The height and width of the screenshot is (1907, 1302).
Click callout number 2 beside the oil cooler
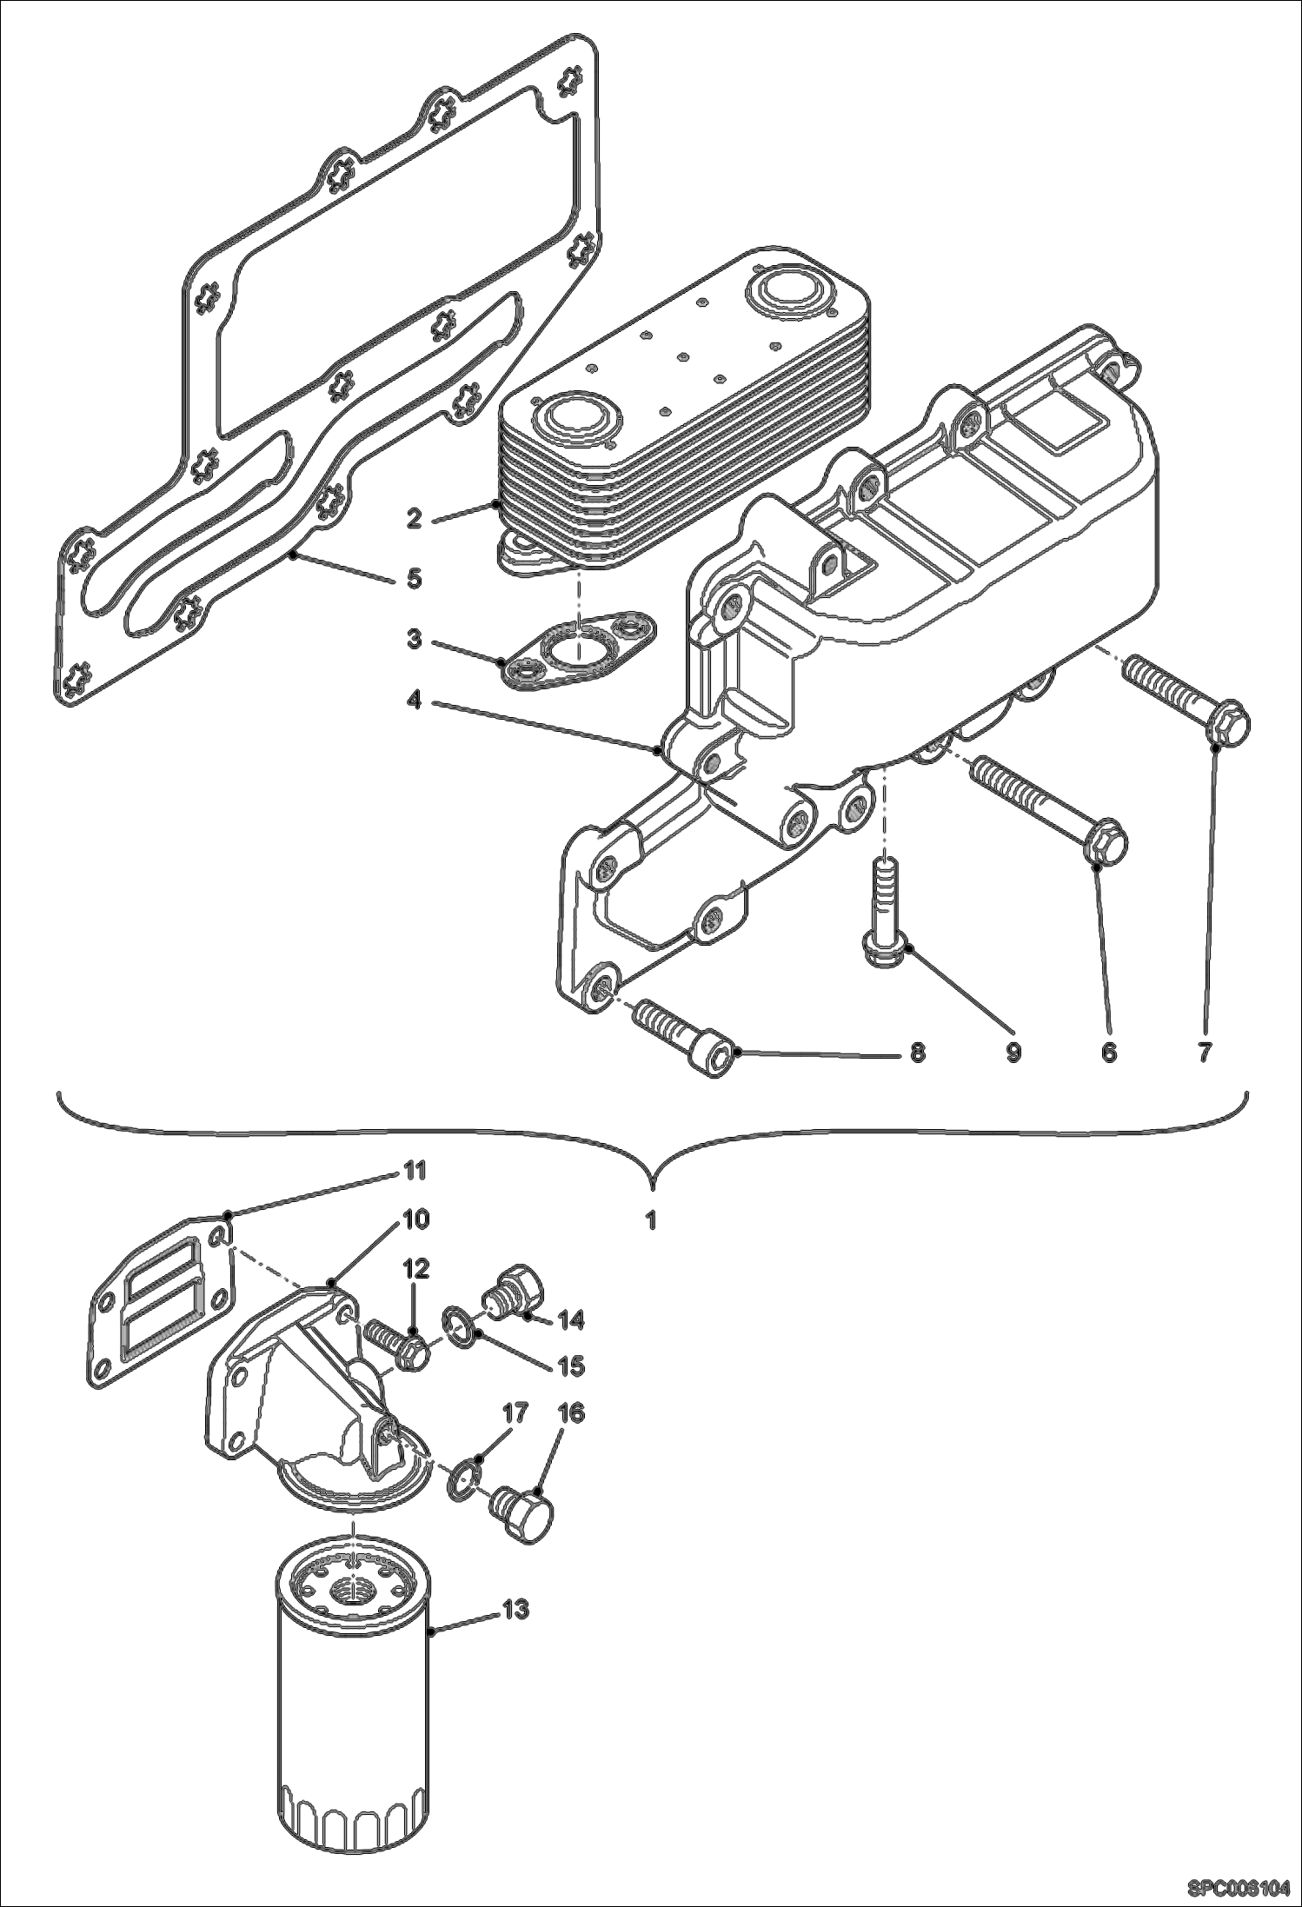pyautogui.click(x=414, y=518)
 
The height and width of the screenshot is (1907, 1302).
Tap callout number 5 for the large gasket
pyautogui.click(x=414, y=578)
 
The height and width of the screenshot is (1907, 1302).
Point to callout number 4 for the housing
pyautogui.click(x=414, y=699)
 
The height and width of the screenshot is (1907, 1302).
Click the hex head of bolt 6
pyautogui.click(x=1105, y=843)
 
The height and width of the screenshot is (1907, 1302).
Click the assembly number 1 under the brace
pyautogui.click(x=650, y=1220)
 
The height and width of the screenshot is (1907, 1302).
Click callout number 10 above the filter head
pyautogui.click(x=416, y=1220)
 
